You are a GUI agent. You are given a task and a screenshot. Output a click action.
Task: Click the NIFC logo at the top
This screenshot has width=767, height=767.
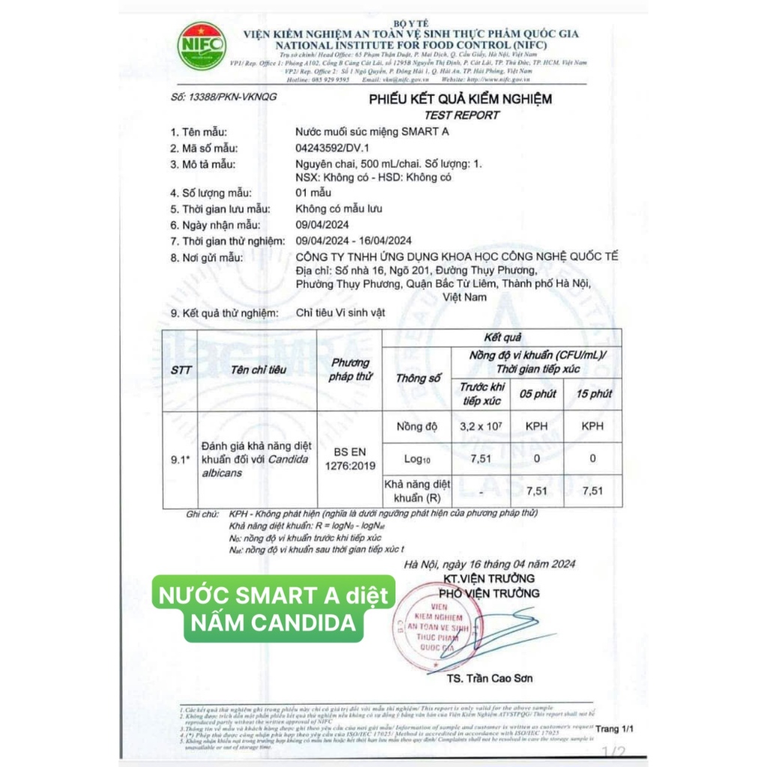point(201,46)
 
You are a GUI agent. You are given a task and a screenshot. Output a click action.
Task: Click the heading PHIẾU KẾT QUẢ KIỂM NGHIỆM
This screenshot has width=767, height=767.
point(459,99)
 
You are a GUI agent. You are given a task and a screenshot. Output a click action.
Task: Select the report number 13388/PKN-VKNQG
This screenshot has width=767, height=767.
point(223,97)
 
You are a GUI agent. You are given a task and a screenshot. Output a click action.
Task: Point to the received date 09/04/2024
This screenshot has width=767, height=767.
point(322,225)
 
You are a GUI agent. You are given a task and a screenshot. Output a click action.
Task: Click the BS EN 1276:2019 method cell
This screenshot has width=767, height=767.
point(350,459)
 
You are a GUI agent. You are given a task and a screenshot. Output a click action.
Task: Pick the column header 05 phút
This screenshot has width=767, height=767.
point(536,393)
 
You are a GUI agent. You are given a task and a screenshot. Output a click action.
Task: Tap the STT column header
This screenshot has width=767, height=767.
point(181,370)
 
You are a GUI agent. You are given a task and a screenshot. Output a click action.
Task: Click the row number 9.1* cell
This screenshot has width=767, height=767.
point(180,460)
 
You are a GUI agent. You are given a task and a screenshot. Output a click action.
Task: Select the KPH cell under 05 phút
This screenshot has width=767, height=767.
point(536,425)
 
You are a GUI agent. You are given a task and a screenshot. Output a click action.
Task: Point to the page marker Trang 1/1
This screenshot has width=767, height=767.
point(614,728)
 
